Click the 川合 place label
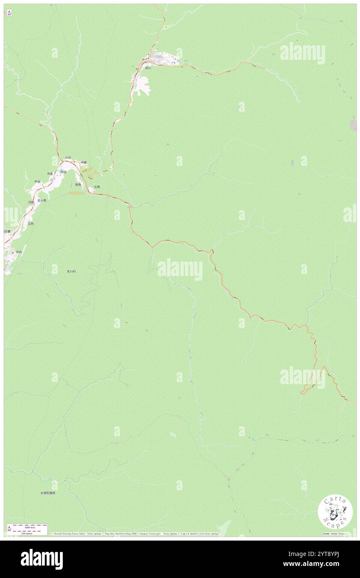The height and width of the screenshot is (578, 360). coord(68,158)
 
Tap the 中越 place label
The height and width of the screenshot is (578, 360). coord(84,162)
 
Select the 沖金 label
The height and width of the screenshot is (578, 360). coord(50,173)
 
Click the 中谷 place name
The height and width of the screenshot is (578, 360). coord(37,181)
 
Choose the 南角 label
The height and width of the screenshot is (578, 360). coord(78,184)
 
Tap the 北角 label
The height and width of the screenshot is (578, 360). coord(97,187)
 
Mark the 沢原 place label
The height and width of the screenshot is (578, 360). coord(31,202)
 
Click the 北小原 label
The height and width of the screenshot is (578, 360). coord(42,200)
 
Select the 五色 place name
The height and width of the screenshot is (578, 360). coord(30,223)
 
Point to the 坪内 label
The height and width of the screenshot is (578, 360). coord(19,252)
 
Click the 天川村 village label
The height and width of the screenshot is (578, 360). coord(72,271)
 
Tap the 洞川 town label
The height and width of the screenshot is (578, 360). coord(148,68)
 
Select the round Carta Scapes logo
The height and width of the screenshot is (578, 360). coord(335,512)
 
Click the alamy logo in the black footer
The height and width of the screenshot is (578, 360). coord(42,559)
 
